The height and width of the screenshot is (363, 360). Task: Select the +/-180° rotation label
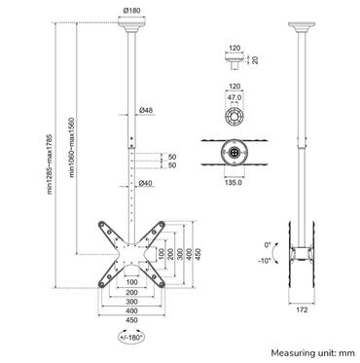click(127, 340)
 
